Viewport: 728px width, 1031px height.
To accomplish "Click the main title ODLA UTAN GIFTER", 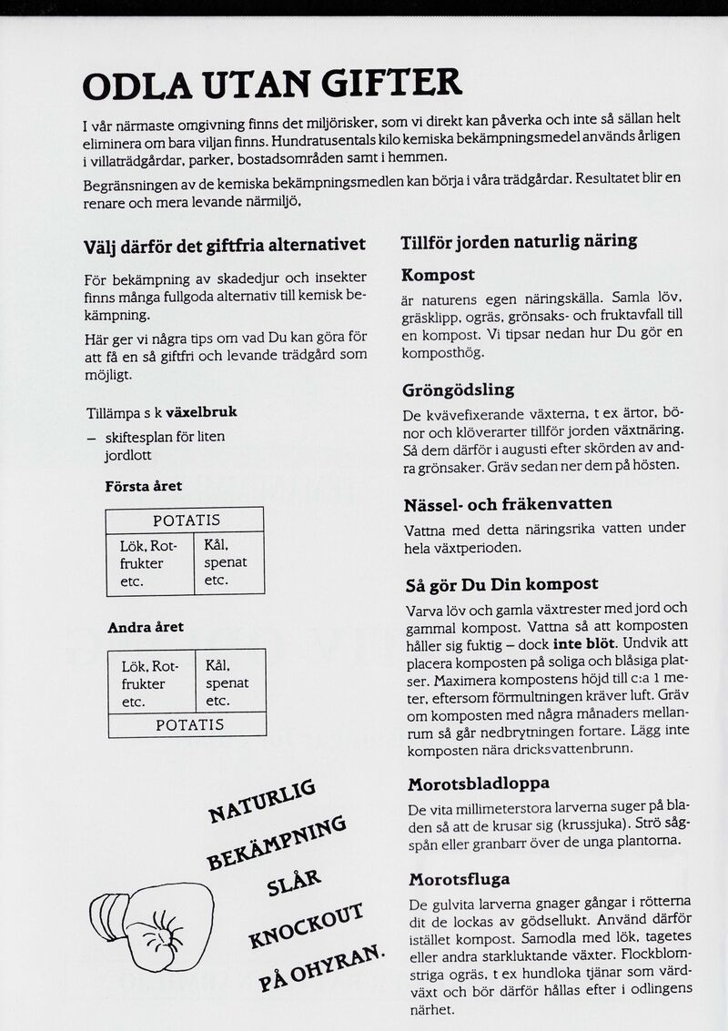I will pos(272,85).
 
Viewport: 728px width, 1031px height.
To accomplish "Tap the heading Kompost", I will pos(439,275).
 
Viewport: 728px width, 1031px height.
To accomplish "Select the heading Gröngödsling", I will pos(459,390).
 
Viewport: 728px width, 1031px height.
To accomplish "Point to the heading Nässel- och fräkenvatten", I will pos(508,504).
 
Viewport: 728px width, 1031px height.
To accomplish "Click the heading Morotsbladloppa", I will pos(479,783).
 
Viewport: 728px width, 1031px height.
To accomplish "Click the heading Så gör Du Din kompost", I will pos(500,584).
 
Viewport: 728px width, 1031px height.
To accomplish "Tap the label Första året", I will pos(144,487).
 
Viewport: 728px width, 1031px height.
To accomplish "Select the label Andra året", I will pos(146,628).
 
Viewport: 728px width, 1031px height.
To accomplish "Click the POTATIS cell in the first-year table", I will pos(186,521).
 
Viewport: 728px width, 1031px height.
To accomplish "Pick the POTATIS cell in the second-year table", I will pos(189,725).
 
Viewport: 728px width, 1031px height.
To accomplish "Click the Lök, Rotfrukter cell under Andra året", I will pos(151,683).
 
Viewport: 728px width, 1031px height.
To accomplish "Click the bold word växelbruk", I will pos(201,412).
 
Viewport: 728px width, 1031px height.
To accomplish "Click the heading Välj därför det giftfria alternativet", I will pos(225,245).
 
